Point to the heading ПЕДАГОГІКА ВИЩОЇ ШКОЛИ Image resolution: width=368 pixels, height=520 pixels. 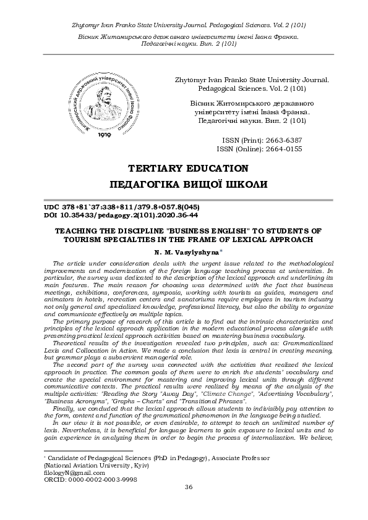188,185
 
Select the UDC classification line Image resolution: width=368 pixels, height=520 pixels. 121,207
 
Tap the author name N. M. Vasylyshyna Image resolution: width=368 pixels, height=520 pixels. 186,253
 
